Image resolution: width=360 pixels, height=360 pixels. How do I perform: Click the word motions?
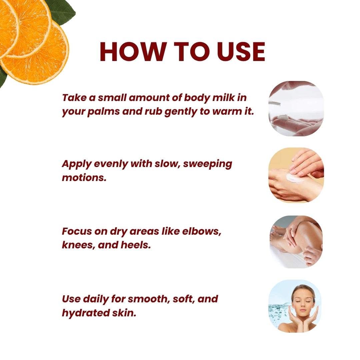84,177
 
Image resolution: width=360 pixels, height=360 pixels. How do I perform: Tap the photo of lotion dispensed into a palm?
296,108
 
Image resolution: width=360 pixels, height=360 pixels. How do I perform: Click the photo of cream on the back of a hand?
296,175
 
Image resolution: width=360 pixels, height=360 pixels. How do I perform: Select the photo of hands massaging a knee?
296,242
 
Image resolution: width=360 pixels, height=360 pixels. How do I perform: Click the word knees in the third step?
77,245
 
